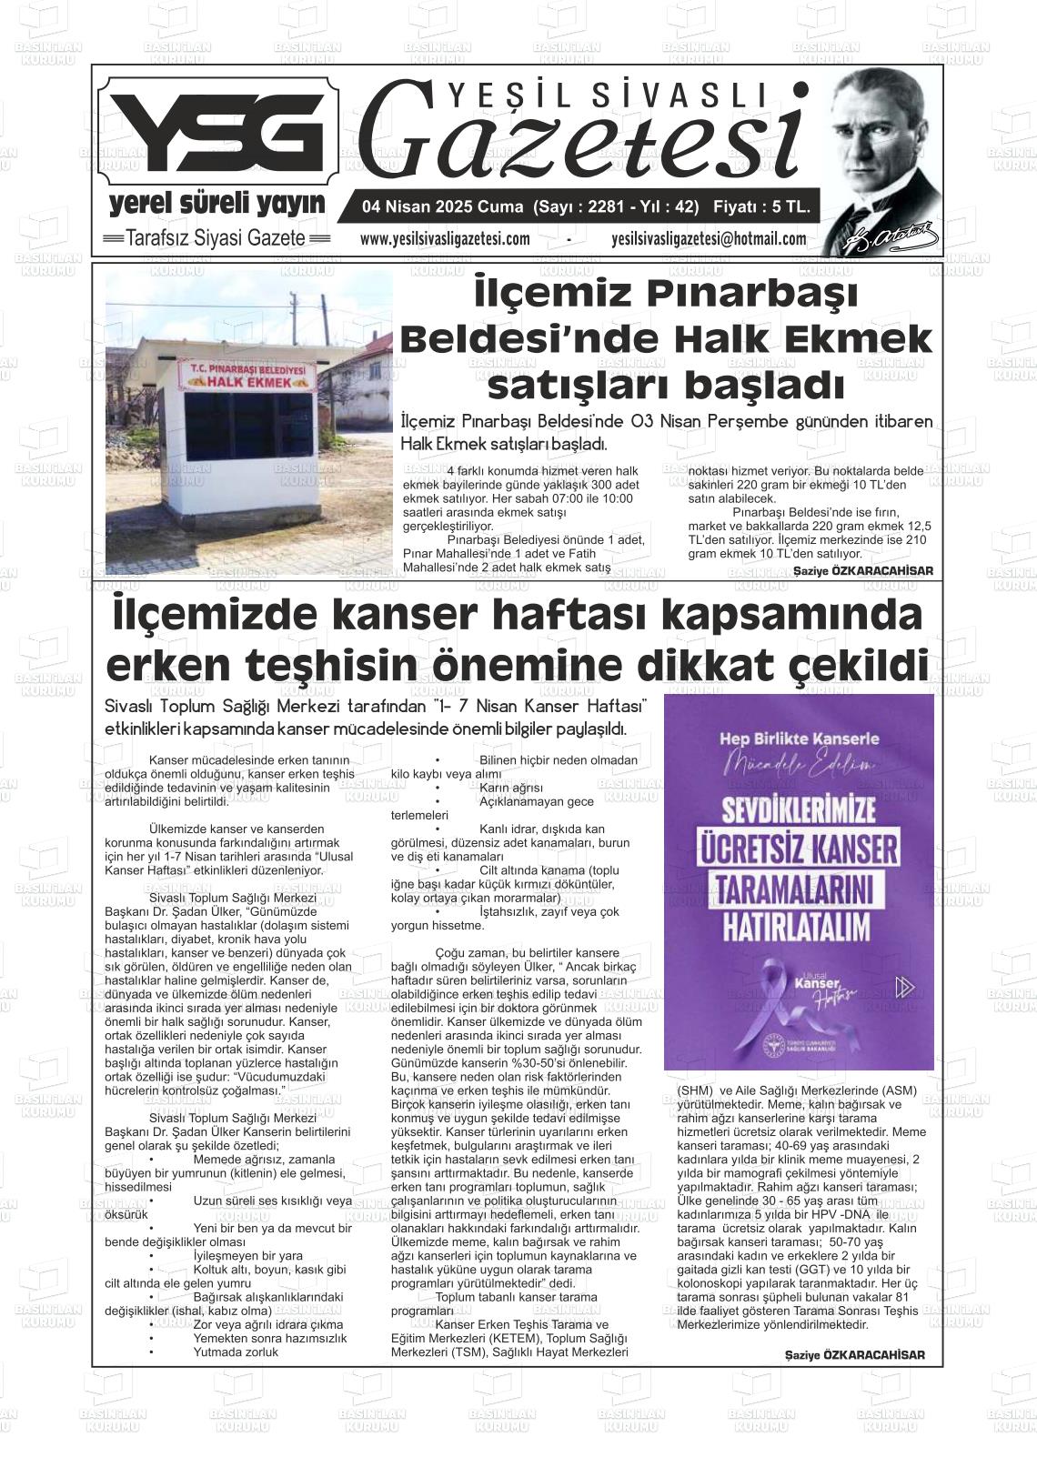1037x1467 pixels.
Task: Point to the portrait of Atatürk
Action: [x=882, y=159]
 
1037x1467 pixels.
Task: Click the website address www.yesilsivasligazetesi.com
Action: [x=445, y=239]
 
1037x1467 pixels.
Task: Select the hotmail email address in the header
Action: [x=709, y=239]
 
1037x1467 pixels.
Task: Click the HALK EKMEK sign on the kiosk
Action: [x=248, y=383]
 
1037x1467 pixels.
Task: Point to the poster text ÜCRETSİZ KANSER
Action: [x=799, y=849]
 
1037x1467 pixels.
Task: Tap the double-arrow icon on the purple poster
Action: [x=903, y=987]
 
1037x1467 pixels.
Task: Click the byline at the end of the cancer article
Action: [x=854, y=1355]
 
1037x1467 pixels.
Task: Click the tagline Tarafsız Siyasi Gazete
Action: [x=216, y=239]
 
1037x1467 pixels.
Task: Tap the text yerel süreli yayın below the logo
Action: [x=216, y=204]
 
